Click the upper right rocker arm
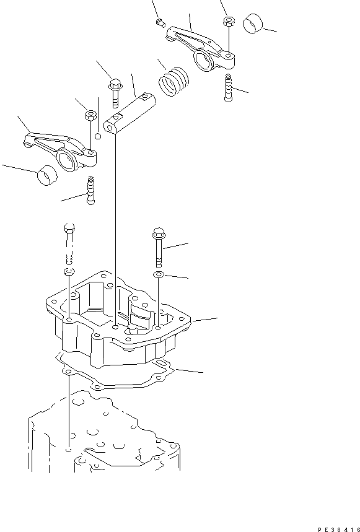click(x=198, y=46)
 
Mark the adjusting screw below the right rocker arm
click(x=227, y=87)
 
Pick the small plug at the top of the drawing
click(x=159, y=24)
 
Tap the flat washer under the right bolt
click(x=159, y=274)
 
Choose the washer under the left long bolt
click(x=68, y=273)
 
